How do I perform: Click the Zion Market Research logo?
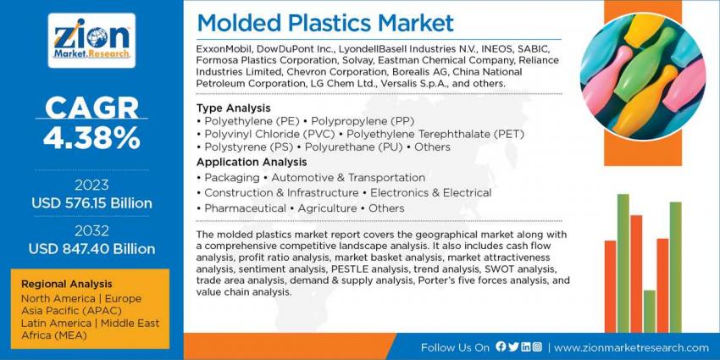point(91,41)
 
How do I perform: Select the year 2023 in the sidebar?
point(91,185)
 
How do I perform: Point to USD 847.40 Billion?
point(91,249)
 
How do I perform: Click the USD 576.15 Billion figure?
point(91,203)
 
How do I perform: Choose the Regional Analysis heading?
point(67,284)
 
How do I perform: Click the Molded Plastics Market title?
point(325,23)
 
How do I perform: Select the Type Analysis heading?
point(233,108)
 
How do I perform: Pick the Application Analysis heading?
point(252,162)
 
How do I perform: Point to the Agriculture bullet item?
point(327,208)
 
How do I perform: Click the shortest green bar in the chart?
point(650,311)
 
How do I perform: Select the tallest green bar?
point(623,263)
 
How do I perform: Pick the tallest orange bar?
point(636,274)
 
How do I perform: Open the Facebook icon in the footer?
point(501,346)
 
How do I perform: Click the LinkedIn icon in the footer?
point(526,346)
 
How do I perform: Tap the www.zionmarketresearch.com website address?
point(631,347)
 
